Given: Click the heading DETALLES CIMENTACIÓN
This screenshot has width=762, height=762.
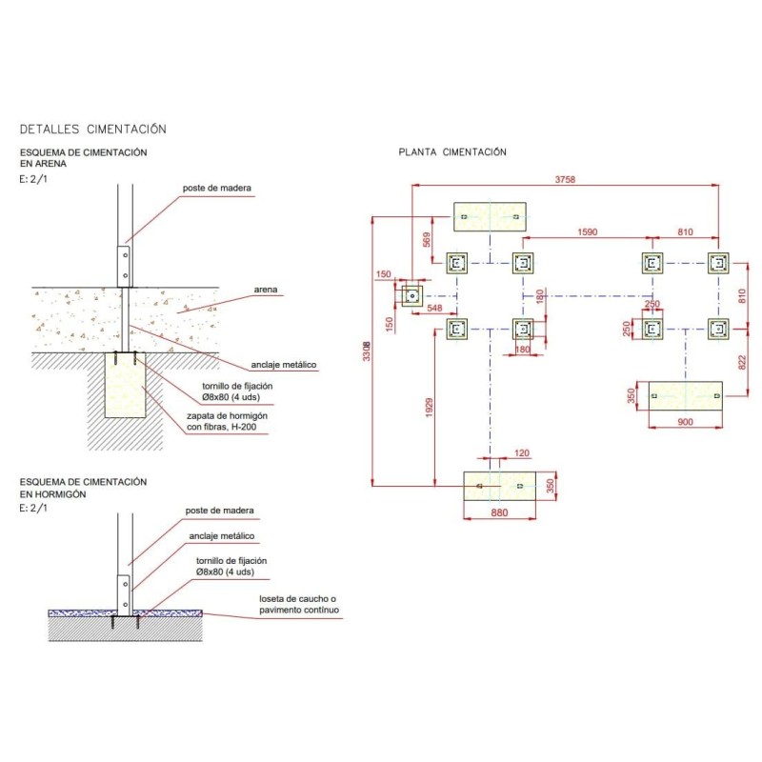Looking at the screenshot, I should (93, 129).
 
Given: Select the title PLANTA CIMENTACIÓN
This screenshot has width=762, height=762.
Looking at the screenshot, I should (452, 152).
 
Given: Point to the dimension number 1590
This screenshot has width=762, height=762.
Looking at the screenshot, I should (587, 231).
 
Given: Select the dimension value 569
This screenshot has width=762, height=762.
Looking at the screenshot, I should (428, 240).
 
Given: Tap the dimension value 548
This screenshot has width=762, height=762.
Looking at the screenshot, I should (434, 308).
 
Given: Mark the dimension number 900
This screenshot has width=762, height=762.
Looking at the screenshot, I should (686, 422).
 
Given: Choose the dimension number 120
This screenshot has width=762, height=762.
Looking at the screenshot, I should (521, 454).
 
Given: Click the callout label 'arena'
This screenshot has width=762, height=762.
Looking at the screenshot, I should (266, 289).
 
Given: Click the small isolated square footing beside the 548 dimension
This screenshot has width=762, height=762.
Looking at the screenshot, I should (411, 295).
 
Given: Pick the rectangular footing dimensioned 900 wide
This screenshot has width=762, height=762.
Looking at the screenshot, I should (685, 395).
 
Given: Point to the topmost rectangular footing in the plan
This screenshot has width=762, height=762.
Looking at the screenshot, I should (490, 217).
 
